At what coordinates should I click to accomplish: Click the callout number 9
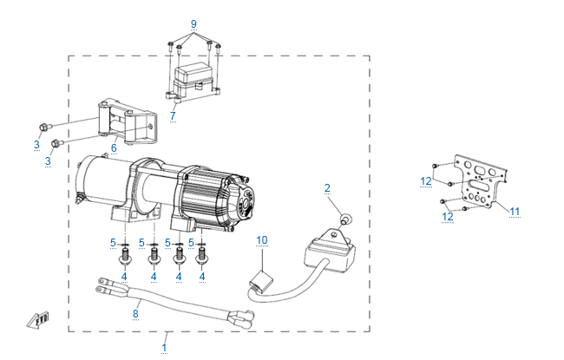[193, 22]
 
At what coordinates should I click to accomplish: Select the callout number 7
[173, 115]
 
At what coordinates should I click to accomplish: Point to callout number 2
[327, 187]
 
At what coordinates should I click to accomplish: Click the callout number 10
[262, 239]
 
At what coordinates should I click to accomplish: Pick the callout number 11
[515, 211]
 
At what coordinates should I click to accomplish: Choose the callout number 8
[135, 313]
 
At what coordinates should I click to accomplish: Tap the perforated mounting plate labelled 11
[476, 183]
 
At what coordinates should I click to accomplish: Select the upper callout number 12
[427, 180]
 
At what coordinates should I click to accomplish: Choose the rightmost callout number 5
[190, 242]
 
